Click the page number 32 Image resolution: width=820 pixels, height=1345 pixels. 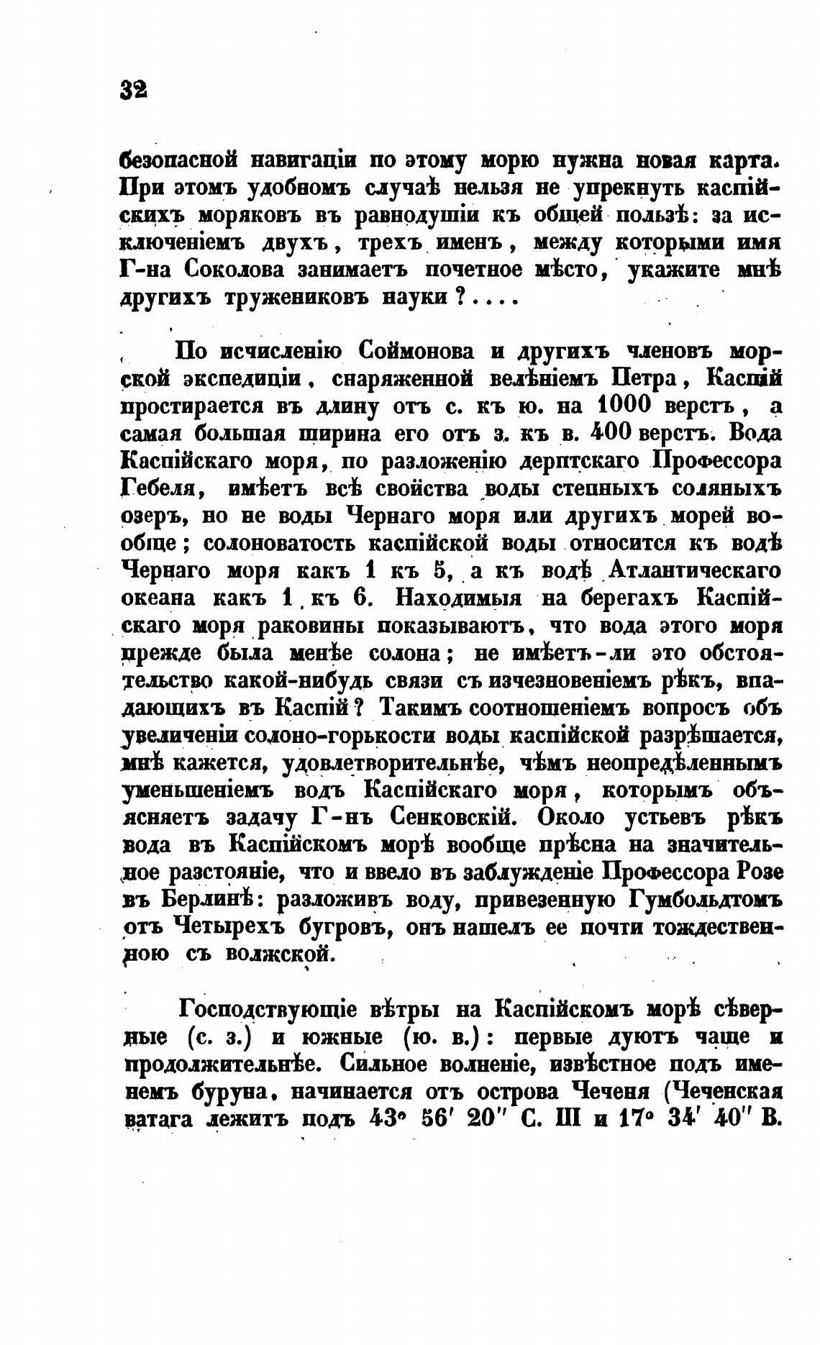coord(134,89)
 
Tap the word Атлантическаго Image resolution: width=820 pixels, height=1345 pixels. coord(696,571)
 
